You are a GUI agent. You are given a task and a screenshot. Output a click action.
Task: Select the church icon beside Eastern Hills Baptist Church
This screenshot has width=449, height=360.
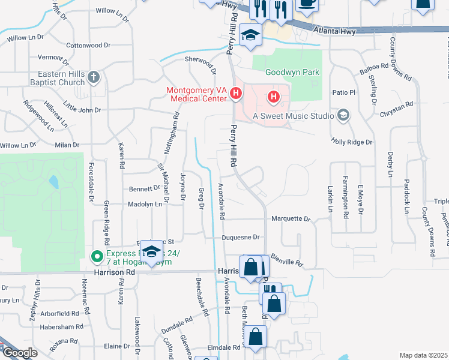(93, 77)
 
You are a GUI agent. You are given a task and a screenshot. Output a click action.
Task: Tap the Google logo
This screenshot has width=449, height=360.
(19, 353)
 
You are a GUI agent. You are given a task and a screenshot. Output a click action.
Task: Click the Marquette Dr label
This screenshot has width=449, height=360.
(290, 219)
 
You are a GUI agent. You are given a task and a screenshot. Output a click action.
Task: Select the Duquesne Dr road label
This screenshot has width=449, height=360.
(240, 238)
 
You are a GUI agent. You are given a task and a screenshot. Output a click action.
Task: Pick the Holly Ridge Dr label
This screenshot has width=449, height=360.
(352, 142)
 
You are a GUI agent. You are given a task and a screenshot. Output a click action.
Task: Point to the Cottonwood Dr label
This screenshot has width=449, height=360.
(89, 45)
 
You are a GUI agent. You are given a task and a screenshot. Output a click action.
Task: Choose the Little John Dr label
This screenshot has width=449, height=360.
(82, 110)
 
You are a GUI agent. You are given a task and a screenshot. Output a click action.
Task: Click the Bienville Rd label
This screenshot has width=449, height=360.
(286, 262)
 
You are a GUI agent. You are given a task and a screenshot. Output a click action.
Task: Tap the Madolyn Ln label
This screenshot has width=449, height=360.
(145, 204)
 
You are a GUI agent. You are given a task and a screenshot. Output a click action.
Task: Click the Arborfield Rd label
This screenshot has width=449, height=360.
(61, 313)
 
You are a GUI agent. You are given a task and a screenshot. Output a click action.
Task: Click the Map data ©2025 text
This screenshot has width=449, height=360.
(424, 355)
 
